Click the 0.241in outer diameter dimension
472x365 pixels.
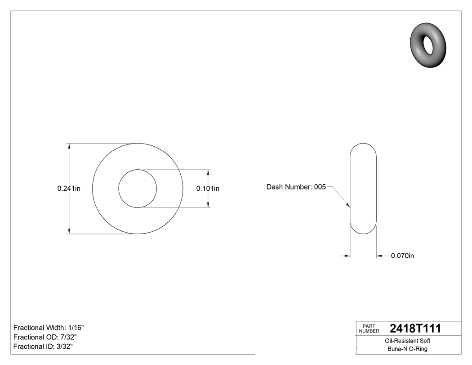[68, 189]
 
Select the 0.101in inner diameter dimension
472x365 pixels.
[208, 189]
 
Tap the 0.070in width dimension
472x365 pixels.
[402, 256]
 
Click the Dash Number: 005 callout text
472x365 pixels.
[296, 187]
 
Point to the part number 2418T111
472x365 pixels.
[415, 328]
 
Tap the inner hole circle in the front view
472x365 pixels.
[138, 189]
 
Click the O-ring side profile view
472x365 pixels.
[363, 189]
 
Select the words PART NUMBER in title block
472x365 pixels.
[369, 329]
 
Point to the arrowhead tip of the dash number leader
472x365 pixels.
[349, 207]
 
